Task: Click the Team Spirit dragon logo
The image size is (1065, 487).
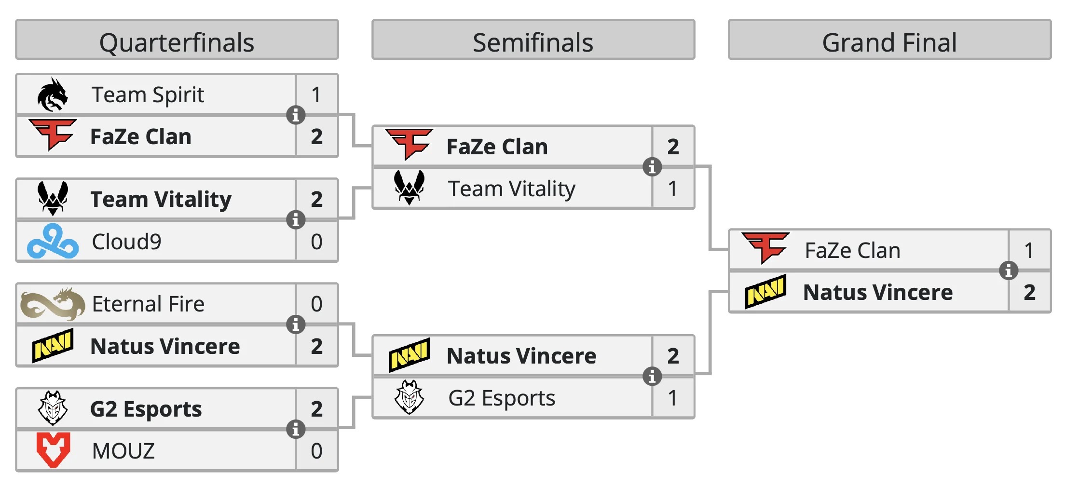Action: (x=52, y=95)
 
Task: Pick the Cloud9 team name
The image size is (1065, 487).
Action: (x=126, y=242)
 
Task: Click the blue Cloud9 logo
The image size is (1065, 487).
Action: (x=53, y=241)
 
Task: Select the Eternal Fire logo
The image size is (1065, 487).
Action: (x=53, y=304)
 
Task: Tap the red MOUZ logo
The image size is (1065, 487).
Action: (x=53, y=450)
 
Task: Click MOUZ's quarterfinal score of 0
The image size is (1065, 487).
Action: (x=316, y=451)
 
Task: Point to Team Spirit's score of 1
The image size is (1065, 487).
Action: (x=316, y=95)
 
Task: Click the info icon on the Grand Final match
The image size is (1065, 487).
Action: (x=1008, y=271)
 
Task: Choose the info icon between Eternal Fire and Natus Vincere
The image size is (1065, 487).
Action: (x=296, y=325)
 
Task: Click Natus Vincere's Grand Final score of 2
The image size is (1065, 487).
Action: (x=1029, y=292)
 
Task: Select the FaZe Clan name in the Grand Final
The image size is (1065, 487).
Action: (x=852, y=250)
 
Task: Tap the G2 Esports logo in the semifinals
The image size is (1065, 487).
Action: (x=409, y=397)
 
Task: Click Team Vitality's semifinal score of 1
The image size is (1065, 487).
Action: (x=673, y=189)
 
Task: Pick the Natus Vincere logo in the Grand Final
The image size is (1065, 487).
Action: (x=765, y=291)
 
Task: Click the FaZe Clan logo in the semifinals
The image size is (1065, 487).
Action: (x=410, y=144)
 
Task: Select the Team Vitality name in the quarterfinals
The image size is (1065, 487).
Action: (x=161, y=199)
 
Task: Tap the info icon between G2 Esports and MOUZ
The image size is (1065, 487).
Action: (x=296, y=429)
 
